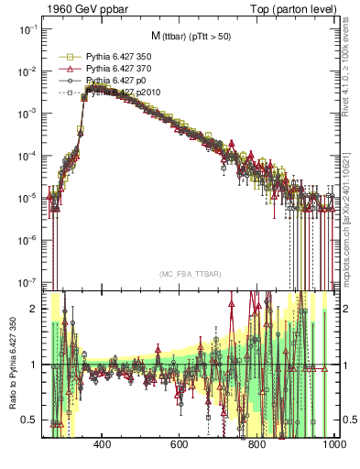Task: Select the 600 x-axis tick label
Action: tap(180, 444)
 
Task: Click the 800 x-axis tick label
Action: tap(257, 444)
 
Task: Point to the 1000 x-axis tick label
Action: tap(333, 444)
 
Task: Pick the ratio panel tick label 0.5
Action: tap(31, 420)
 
